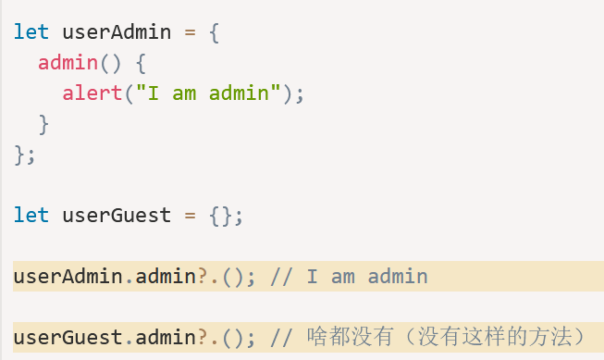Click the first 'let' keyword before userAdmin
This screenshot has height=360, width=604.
pyautogui.click(x=31, y=31)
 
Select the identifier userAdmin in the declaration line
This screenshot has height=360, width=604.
pyautogui.click(x=117, y=31)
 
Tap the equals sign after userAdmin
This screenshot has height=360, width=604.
pyautogui.click(x=190, y=32)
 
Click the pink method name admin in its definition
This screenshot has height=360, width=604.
pyautogui.click(x=68, y=62)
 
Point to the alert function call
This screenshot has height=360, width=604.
pyautogui.click(x=92, y=93)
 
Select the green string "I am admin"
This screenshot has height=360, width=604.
pyautogui.click(x=208, y=93)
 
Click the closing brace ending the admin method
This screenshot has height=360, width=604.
pyautogui.click(x=43, y=124)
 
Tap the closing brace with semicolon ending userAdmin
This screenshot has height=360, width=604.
pyautogui.click(x=25, y=155)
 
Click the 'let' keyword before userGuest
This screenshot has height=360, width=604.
pyautogui.click(x=31, y=215)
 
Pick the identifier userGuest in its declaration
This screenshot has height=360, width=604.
pyautogui.click(x=117, y=215)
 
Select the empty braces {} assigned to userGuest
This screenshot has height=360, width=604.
pyautogui.click(x=221, y=216)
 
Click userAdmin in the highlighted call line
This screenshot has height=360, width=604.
pyautogui.click(x=68, y=277)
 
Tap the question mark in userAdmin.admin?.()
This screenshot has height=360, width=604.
pyautogui.click(x=203, y=276)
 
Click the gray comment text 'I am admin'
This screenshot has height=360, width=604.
pyautogui.click(x=367, y=277)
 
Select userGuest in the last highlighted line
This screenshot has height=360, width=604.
pyautogui.click(x=68, y=337)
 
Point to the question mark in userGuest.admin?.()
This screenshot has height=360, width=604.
pyautogui.click(x=203, y=337)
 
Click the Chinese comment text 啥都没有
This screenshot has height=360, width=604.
pyautogui.click(x=351, y=337)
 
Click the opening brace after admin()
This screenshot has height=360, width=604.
pyautogui.click(x=141, y=63)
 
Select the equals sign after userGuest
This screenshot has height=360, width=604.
pyautogui.click(x=190, y=216)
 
